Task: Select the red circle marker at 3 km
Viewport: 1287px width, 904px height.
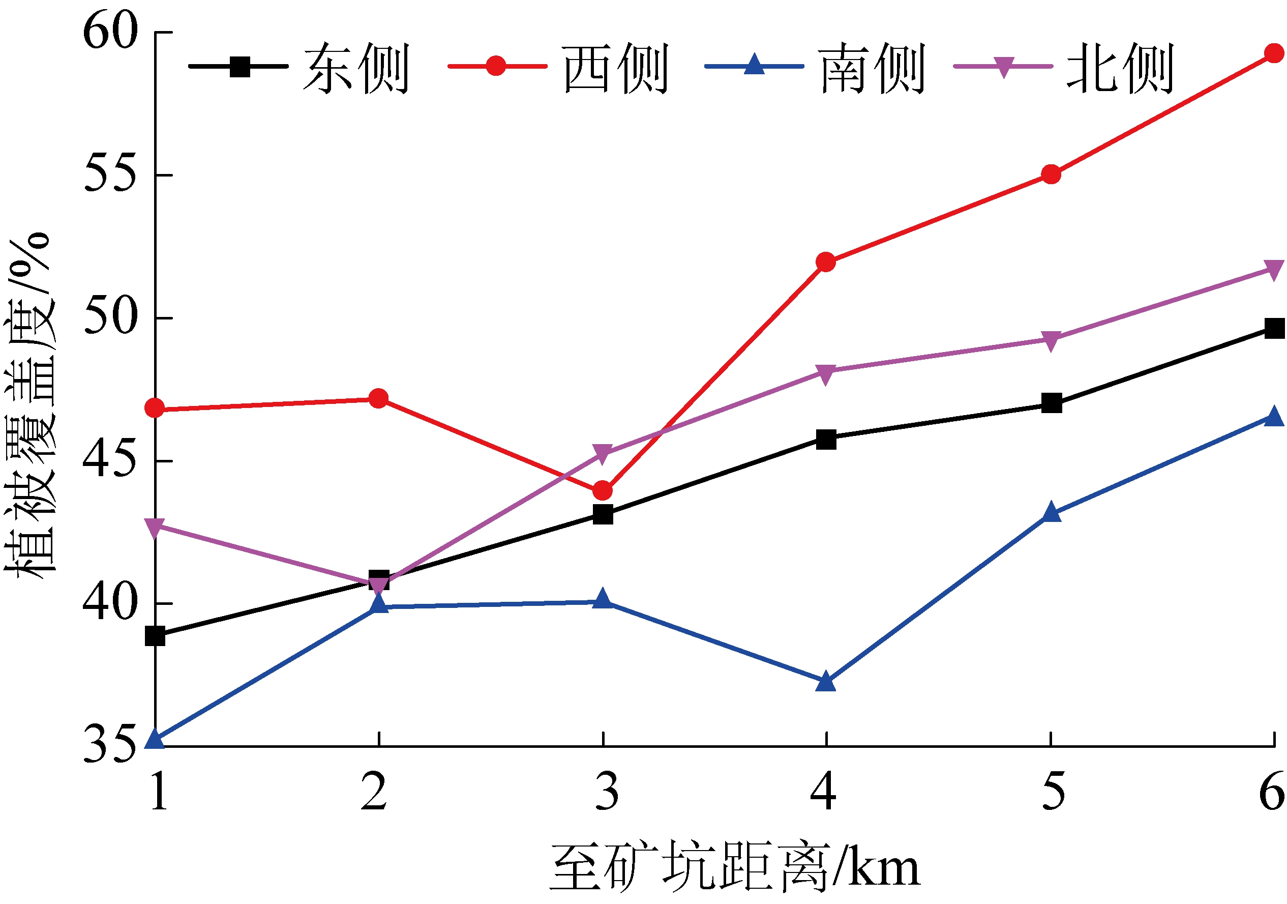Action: tap(603, 491)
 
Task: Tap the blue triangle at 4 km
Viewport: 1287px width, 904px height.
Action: tap(826, 682)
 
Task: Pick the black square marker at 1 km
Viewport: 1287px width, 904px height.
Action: tap(155, 636)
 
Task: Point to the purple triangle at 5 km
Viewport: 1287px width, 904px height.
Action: tap(1051, 340)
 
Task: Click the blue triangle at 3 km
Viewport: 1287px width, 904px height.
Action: tap(603, 599)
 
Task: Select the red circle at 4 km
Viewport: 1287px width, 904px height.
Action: tap(826, 262)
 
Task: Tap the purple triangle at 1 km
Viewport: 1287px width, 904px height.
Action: tap(155, 527)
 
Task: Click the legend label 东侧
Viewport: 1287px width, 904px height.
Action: tap(356, 68)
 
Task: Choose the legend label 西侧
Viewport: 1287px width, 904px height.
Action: tap(615, 68)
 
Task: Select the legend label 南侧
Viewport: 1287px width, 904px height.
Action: tap(872, 68)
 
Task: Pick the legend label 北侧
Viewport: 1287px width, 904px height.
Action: tap(1120, 68)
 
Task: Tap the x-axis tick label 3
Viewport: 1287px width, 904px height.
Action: tap(607, 791)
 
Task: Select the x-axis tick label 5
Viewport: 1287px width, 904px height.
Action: tap(1053, 791)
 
